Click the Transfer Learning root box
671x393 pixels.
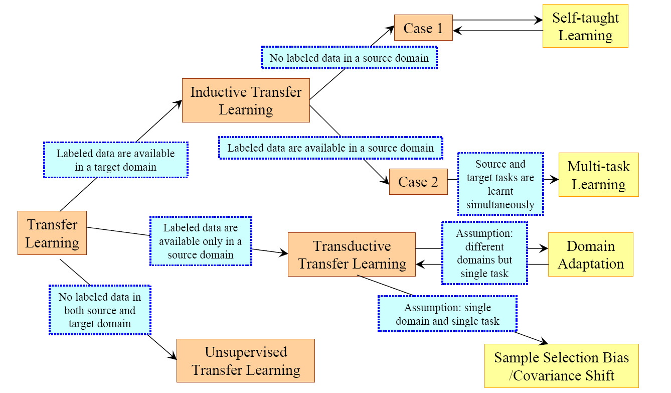coord(52,233)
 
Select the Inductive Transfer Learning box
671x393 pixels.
coord(246,100)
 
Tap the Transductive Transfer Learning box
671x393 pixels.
coord(352,254)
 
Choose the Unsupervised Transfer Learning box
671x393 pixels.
coord(246,361)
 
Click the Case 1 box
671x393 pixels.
coord(423,28)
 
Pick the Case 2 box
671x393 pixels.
coord(418,182)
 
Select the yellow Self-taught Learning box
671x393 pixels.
coord(585,27)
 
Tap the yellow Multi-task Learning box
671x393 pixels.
coord(598,175)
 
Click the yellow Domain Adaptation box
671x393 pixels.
coord(590,254)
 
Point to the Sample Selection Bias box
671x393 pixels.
coord(561,366)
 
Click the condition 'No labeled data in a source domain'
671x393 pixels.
coord(349,58)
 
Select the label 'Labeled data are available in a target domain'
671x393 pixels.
coord(115,160)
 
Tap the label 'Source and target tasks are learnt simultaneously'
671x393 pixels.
coord(500,184)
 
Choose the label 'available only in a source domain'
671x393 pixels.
coord(200,241)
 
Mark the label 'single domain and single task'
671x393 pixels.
coord(447,314)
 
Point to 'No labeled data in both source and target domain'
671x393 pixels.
coord(99,310)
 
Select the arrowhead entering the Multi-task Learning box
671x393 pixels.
coord(555,179)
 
